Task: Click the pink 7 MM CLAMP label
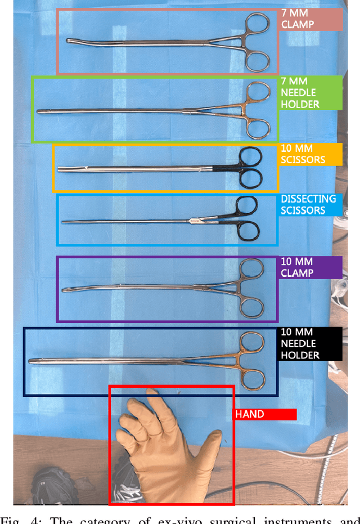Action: click(311, 20)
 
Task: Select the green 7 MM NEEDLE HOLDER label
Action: click(311, 93)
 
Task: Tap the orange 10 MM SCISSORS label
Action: click(311, 154)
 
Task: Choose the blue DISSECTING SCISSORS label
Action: click(311, 205)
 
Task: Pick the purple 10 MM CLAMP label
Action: click(311, 267)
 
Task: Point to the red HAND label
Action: click(264, 414)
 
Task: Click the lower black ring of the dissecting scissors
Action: click(248, 231)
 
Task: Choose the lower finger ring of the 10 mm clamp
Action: click(252, 308)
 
